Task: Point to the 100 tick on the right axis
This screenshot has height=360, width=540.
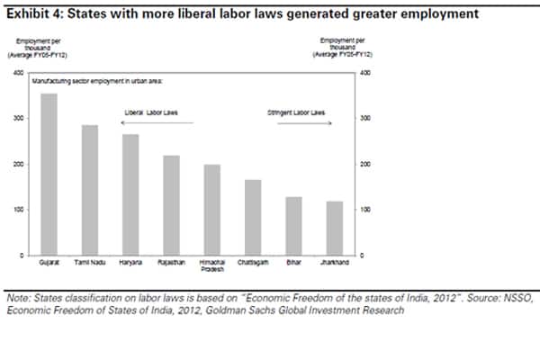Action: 364,210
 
